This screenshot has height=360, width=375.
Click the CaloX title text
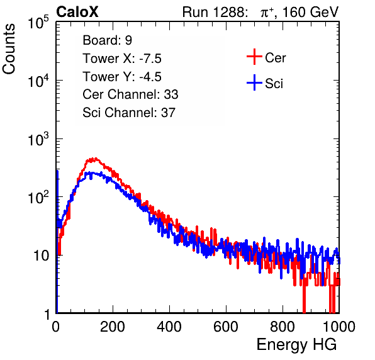(x=77, y=12)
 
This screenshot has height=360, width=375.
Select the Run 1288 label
(x=214, y=12)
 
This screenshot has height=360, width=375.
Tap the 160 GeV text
(x=310, y=12)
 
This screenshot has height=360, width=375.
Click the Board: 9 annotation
(x=107, y=40)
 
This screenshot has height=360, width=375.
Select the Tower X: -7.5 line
(x=122, y=59)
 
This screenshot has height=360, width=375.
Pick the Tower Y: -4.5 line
(x=122, y=77)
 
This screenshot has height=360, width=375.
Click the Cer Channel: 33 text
(x=130, y=94)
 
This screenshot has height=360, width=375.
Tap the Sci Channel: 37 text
(x=129, y=113)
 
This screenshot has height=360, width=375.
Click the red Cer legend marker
(x=254, y=57)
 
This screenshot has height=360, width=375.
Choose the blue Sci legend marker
(x=254, y=83)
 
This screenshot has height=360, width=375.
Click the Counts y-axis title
(x=9, y=49)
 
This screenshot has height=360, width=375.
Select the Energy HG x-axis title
(x=296, y=345)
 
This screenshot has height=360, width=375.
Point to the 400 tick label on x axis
(x=169, y=327)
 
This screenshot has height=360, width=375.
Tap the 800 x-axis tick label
(x=283, y=327)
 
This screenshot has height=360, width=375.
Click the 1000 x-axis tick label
(x=339, y=327)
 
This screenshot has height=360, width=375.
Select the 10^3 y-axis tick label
(x=38, y=139)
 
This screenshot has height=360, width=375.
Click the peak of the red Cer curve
(x=95, y=159)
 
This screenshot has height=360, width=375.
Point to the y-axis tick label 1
(x=47, y=314)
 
